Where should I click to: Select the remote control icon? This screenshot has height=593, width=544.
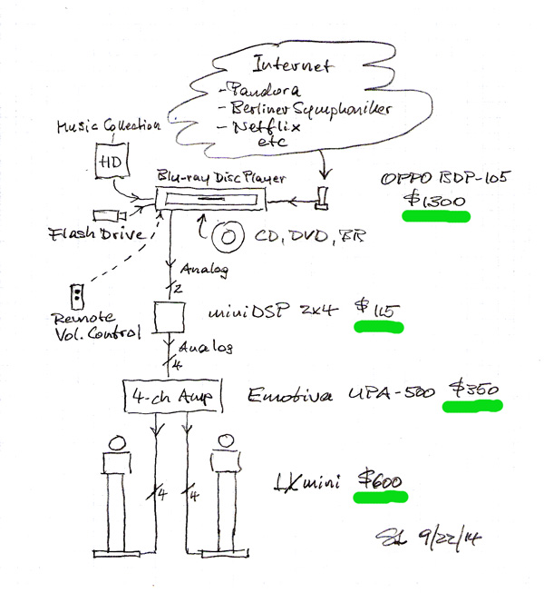pyautogui.click(x=79, y=295)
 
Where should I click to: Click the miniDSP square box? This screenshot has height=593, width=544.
pyautogui.click(x=170, y=315)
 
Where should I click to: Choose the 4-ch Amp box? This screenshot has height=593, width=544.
pyautogui.click(x=172, y=397)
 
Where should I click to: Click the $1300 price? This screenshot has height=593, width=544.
pyautogui.click(x=436, y=202)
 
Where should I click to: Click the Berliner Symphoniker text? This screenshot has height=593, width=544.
pyautogui.click(x=300, y=111)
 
